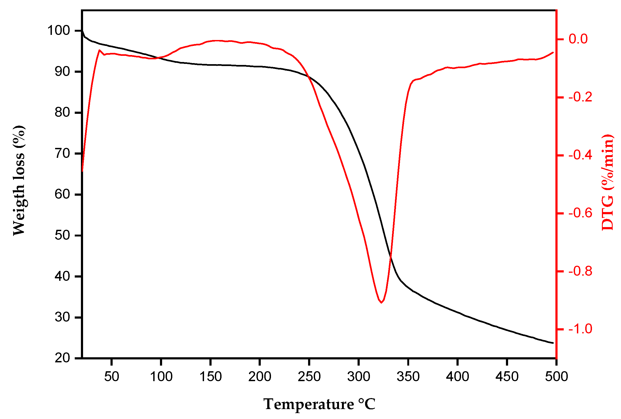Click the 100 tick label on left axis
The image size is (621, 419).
[59, 31]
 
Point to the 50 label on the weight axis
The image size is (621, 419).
[62, 235]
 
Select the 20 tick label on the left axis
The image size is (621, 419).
[62, 358]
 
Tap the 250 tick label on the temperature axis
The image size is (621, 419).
[309, 377]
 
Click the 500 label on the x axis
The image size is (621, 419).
[556, 377]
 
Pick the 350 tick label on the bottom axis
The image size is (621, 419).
[408, 377]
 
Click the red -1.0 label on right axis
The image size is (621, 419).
[580, 329]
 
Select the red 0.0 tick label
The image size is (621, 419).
[578, 39]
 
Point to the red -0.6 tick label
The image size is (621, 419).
[580, 213]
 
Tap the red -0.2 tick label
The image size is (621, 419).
[580, 97]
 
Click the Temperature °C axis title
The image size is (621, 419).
[319, 404]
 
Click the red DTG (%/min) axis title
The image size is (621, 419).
[607, 183]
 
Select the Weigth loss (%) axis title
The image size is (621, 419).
[19, 180]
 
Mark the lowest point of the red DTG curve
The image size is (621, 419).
[381, 303]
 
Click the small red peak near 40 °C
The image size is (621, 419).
[99, 50]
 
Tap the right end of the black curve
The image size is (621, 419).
[553, 343]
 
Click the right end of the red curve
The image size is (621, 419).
[553, 53]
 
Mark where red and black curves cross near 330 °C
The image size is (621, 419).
[391, 256]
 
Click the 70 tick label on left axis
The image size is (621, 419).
[62, 154]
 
